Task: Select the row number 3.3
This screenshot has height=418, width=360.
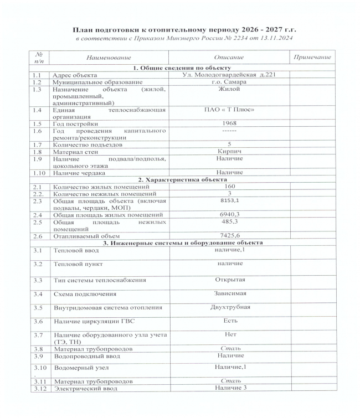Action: [x=37, y=280]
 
